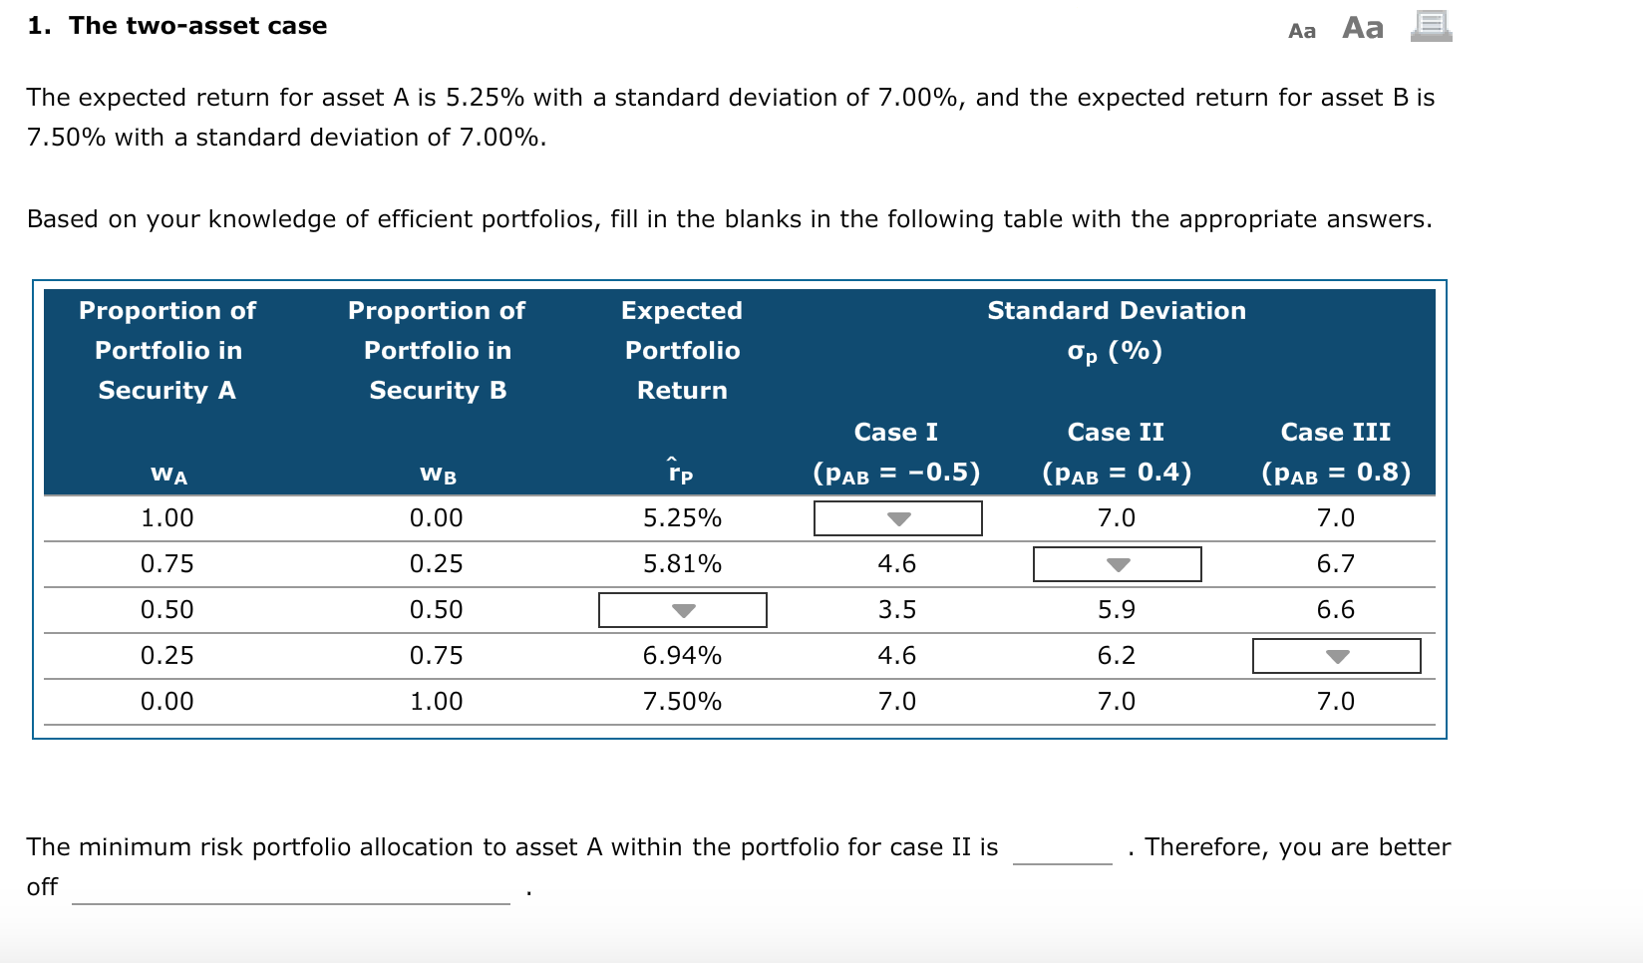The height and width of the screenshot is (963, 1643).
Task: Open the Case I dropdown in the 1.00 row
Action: click(x=897, y=518)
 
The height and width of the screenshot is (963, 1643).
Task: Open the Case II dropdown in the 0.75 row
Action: click(x=1117, y=564)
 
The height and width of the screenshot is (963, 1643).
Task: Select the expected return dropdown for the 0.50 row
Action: click(x=682, y=610)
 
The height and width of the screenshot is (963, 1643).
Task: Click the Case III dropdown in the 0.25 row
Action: click(x=1336, y=656)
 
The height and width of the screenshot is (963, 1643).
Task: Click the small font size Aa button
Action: click(x=1302, y=31)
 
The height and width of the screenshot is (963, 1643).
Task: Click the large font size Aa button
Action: click(x=1363, y=28)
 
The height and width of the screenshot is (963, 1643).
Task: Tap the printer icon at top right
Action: click(x=1431, y=26)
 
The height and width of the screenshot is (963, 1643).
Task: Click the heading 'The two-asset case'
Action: click(x=197, y=26)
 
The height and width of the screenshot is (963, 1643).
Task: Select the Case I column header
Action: click(x=896, y=432)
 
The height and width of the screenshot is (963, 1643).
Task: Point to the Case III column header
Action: click(x=1335, y=432)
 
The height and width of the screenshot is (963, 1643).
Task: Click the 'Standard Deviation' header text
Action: click(x=1116, y=311)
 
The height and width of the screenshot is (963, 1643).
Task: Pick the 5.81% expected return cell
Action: click(x=682, y=564)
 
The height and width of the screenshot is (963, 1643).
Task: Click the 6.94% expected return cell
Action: click(x=682, y=656)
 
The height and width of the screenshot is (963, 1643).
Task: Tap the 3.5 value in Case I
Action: click(x=896, y=610)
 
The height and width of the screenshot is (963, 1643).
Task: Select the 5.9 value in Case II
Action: click(x=1116, y=610)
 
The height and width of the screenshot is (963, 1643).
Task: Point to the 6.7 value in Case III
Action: click(x=1335, y=564)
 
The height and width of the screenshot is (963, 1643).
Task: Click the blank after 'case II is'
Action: click(x=1062, y=849)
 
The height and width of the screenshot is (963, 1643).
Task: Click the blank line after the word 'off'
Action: click(x=290, y=889)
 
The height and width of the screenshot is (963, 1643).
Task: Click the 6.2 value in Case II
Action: click(x=1116, y=656)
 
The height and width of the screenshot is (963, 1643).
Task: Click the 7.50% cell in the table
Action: click(x=682, y=702)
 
